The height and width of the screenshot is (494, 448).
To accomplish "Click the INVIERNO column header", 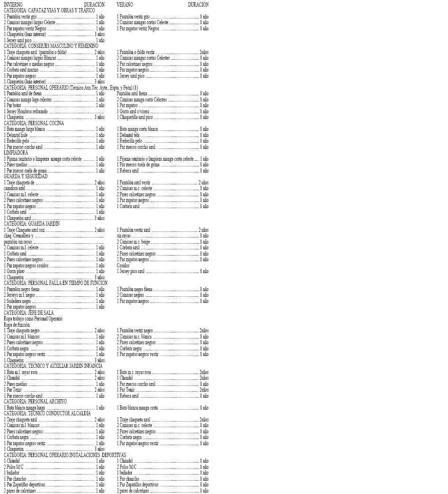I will [13, 5].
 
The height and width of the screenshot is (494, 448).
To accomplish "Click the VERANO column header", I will [125, 5].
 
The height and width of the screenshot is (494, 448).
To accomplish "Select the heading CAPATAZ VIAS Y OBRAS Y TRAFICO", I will [49, 10].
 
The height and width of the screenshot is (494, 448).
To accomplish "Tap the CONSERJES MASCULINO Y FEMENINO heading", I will [51, 46].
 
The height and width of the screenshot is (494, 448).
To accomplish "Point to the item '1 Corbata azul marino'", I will [21, 70].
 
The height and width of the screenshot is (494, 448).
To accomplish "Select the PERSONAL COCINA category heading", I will [34, 123].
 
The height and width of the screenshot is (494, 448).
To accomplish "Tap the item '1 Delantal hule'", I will [16, 135].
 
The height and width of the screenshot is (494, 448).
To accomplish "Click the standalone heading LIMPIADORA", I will [16, 153].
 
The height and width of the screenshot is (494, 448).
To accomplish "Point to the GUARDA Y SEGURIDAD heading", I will [26, 176].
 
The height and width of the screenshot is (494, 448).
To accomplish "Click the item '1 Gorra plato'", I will [14, 272].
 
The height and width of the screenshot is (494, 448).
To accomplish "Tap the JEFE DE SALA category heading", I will [28, 313].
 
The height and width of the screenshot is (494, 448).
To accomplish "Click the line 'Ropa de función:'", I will [17, 325].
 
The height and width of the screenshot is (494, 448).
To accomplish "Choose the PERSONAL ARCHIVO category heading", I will [35, 402].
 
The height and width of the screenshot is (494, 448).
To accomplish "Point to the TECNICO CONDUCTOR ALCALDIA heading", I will [47, 413].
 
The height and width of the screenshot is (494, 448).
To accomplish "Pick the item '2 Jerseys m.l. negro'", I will [19, 295].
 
